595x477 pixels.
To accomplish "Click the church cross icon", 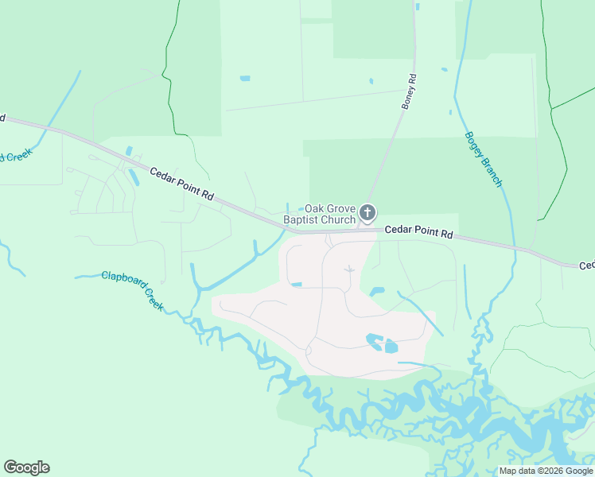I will [367, 212].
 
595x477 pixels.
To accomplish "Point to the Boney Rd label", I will [409, 91].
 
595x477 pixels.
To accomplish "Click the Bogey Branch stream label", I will [483, 159].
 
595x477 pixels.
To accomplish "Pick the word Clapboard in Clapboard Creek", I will [123, 278].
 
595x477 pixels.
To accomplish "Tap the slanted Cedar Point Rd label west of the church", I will [183, 184].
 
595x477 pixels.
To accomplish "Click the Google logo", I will [26, 467].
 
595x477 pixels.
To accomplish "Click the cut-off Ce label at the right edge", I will [586, 266].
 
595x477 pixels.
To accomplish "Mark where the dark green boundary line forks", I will [550, 107].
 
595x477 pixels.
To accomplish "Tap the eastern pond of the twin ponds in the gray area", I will [391, 346].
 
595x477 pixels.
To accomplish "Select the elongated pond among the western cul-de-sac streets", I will [133, 176].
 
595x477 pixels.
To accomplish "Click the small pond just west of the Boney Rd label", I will [370, 80].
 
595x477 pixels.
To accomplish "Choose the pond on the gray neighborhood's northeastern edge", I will [376, 292].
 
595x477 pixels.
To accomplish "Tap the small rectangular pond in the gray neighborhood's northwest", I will [296, 284].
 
